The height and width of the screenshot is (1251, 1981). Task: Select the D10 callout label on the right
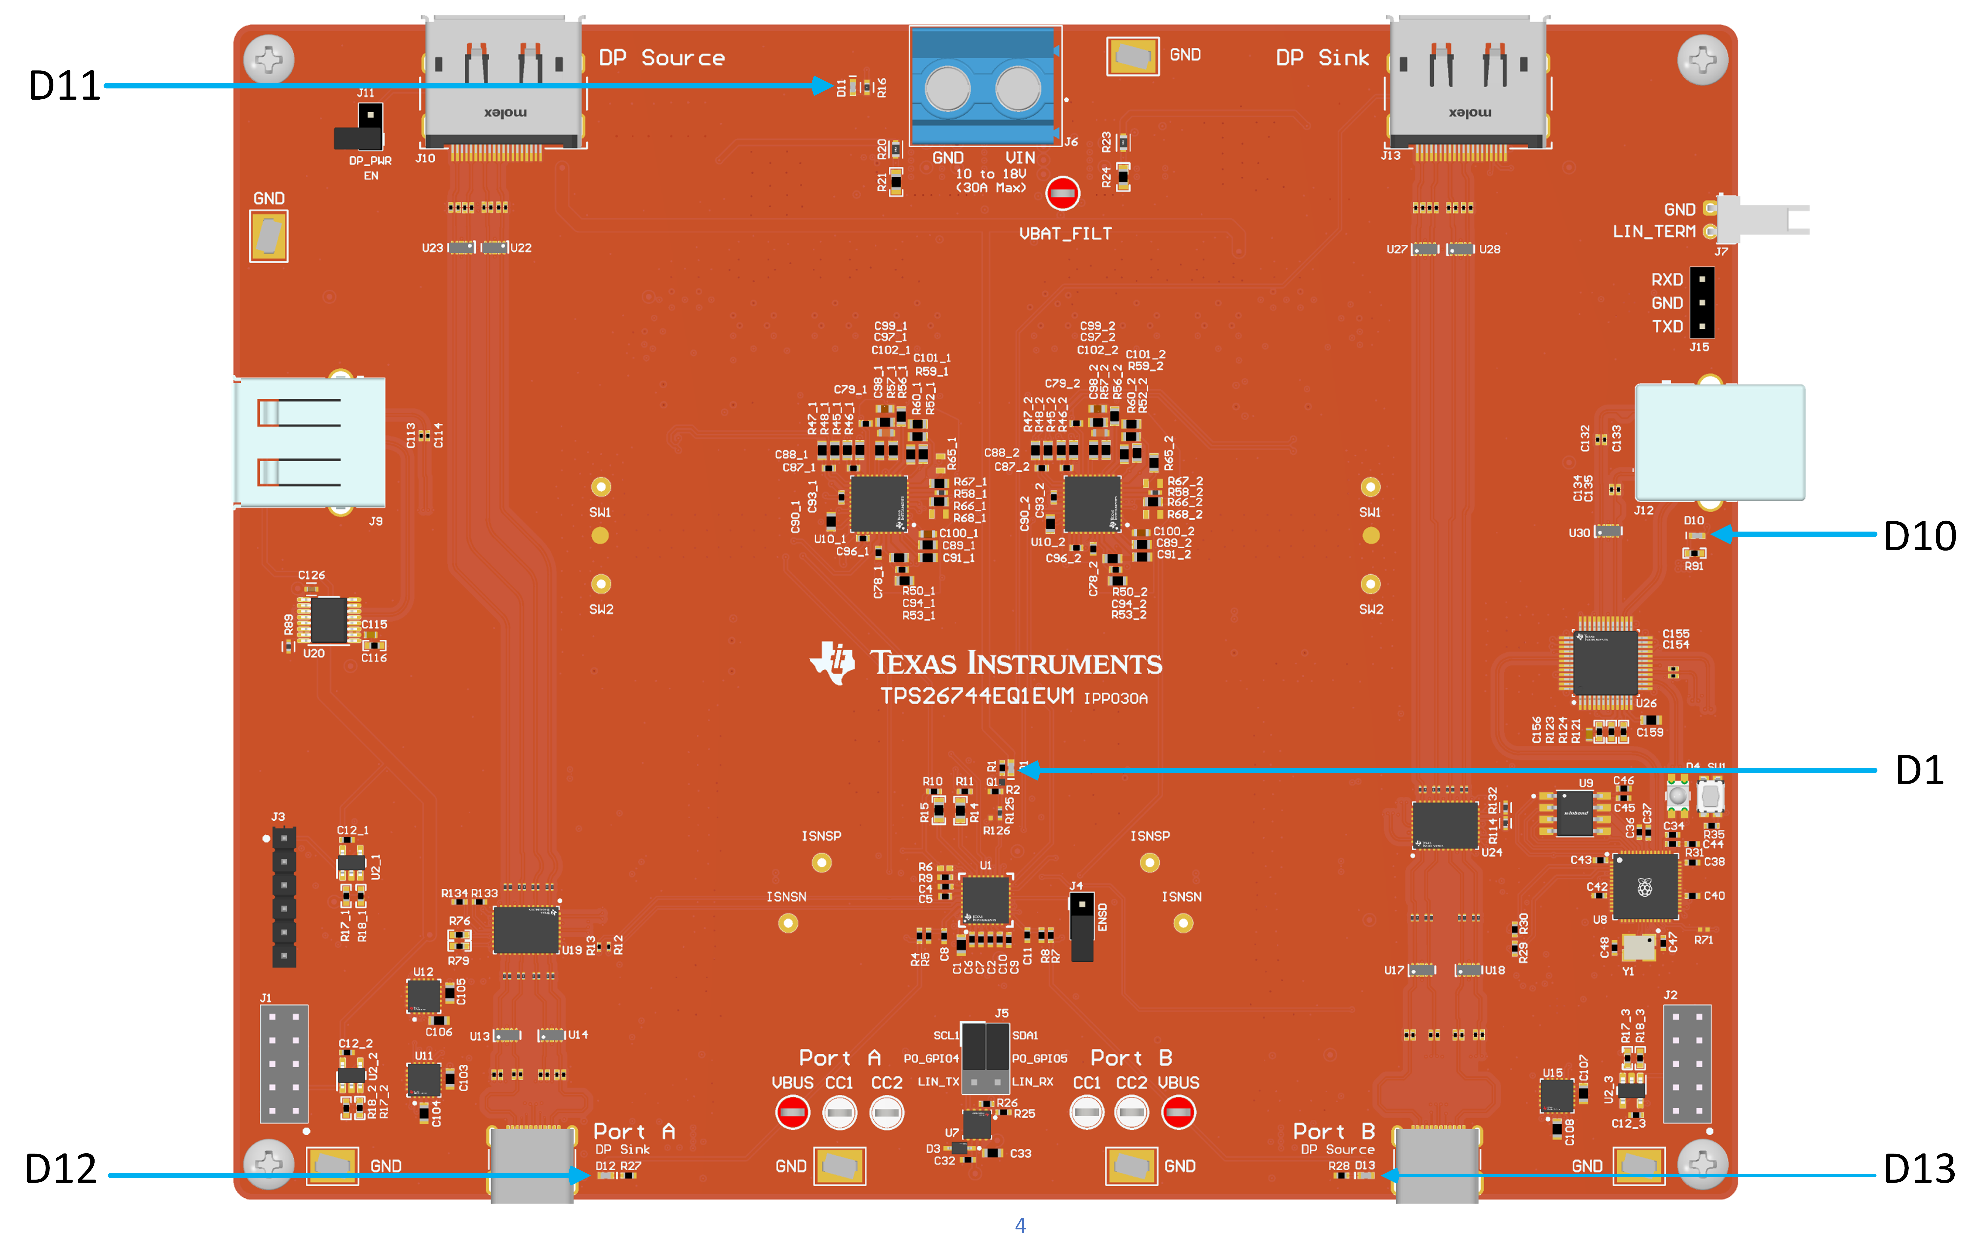(x=1919, y=536)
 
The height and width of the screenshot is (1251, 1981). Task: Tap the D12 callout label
(x=61, y=1169)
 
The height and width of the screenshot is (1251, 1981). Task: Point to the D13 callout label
(x=1919, y=1169)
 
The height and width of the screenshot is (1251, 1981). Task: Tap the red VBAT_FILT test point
(x=1062, y=194)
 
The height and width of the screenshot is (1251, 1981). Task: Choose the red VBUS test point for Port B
(x=1178, y=1113)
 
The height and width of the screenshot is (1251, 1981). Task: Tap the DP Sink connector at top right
(x=1468, y=82)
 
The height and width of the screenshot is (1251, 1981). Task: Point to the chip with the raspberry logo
(x=1645, y=887)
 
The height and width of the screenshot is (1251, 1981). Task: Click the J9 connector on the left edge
(x=310, y=443)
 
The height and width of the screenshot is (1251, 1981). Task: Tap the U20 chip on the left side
(x=328, y=619)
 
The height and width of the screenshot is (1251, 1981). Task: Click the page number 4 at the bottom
(x=1020, y=1226)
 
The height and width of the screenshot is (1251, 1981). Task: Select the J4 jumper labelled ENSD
(x=1082, y=926)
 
